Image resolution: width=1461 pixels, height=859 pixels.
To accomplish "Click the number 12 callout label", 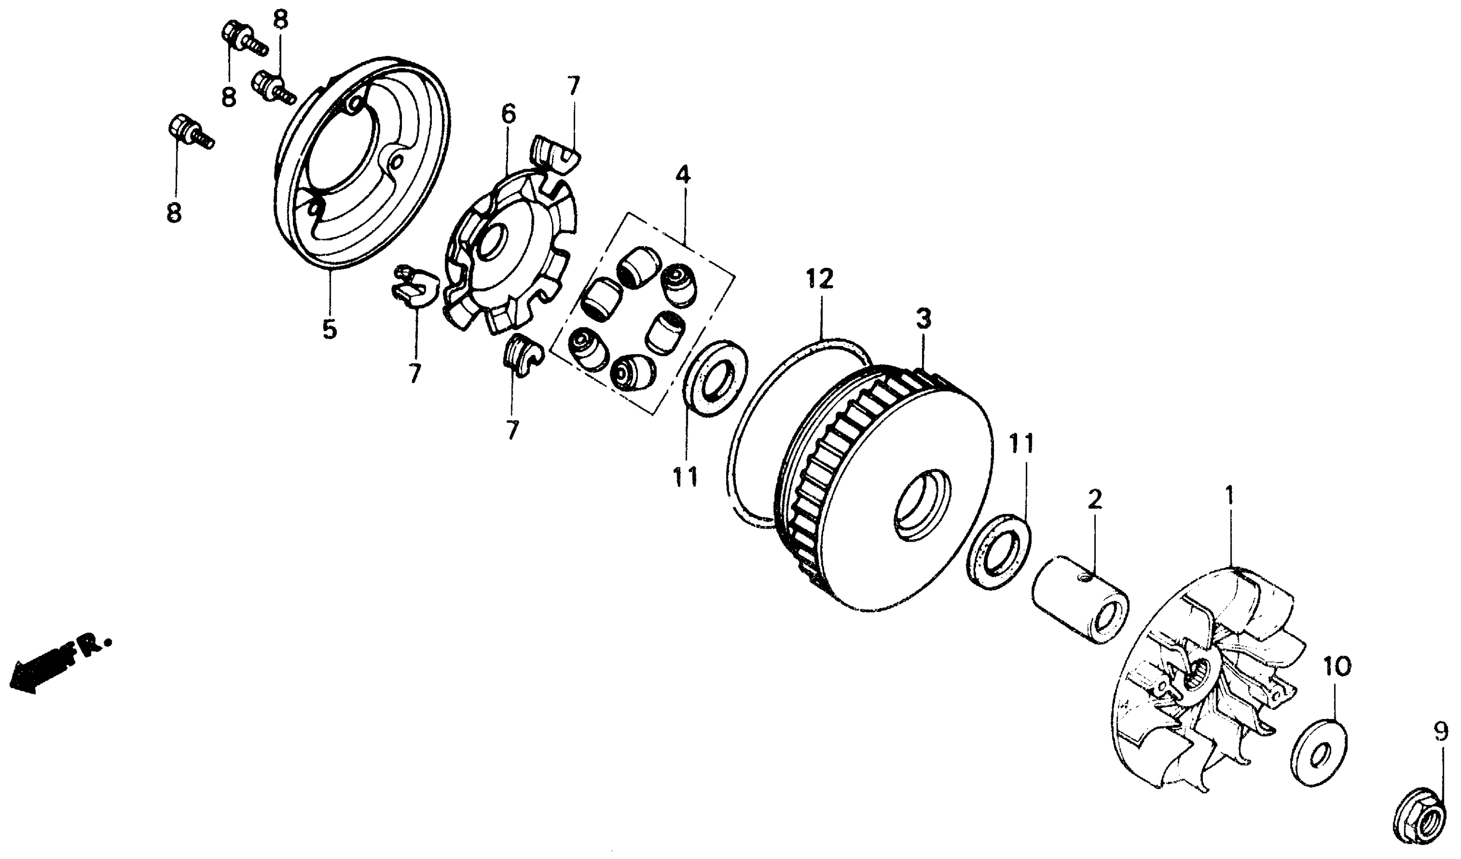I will point(819,279).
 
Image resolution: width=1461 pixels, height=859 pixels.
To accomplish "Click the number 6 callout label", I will point(508,115).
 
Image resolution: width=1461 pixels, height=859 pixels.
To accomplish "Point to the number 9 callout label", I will point(1441,734).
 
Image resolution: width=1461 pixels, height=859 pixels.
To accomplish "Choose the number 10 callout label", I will point(1336,667).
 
